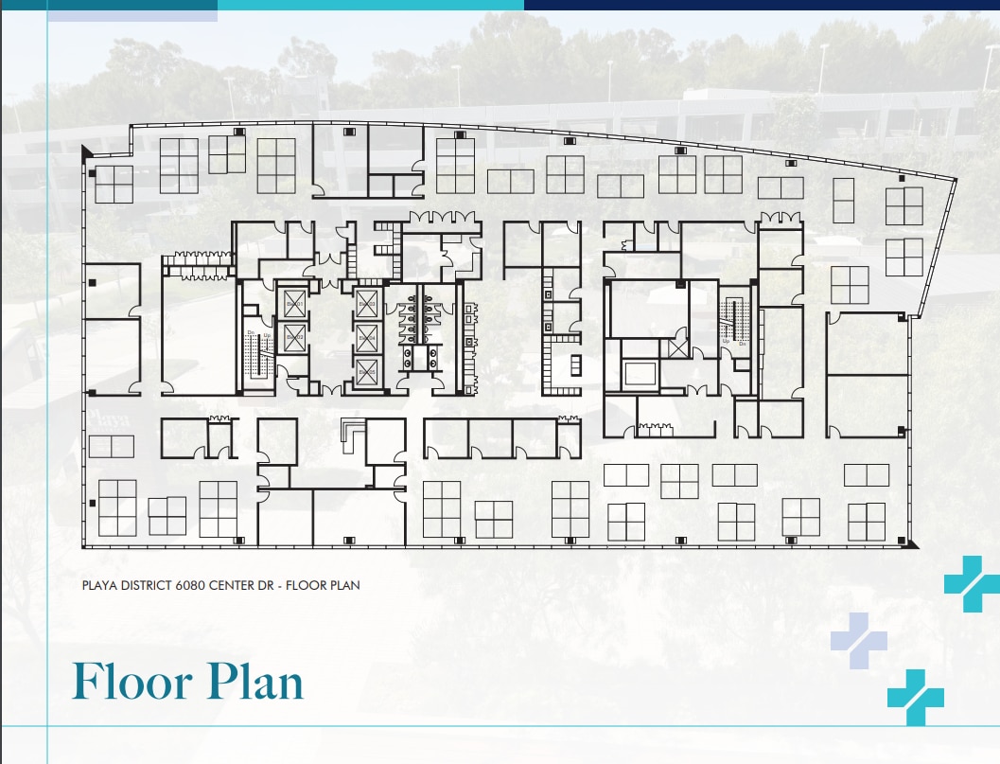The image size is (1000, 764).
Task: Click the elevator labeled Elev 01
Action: (294, 303)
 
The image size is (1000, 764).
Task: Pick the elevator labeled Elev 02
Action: (294, 337)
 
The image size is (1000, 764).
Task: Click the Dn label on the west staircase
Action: (252, 333)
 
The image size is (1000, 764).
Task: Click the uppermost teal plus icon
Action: (971, 584)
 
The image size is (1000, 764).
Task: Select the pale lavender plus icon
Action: (858, 641)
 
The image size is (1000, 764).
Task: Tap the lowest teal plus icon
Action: (915, 698)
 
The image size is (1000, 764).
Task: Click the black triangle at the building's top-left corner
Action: (87, 151)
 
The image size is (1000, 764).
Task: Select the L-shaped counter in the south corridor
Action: (353, 430)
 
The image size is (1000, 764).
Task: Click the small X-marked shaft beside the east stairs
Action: (677, 347)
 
